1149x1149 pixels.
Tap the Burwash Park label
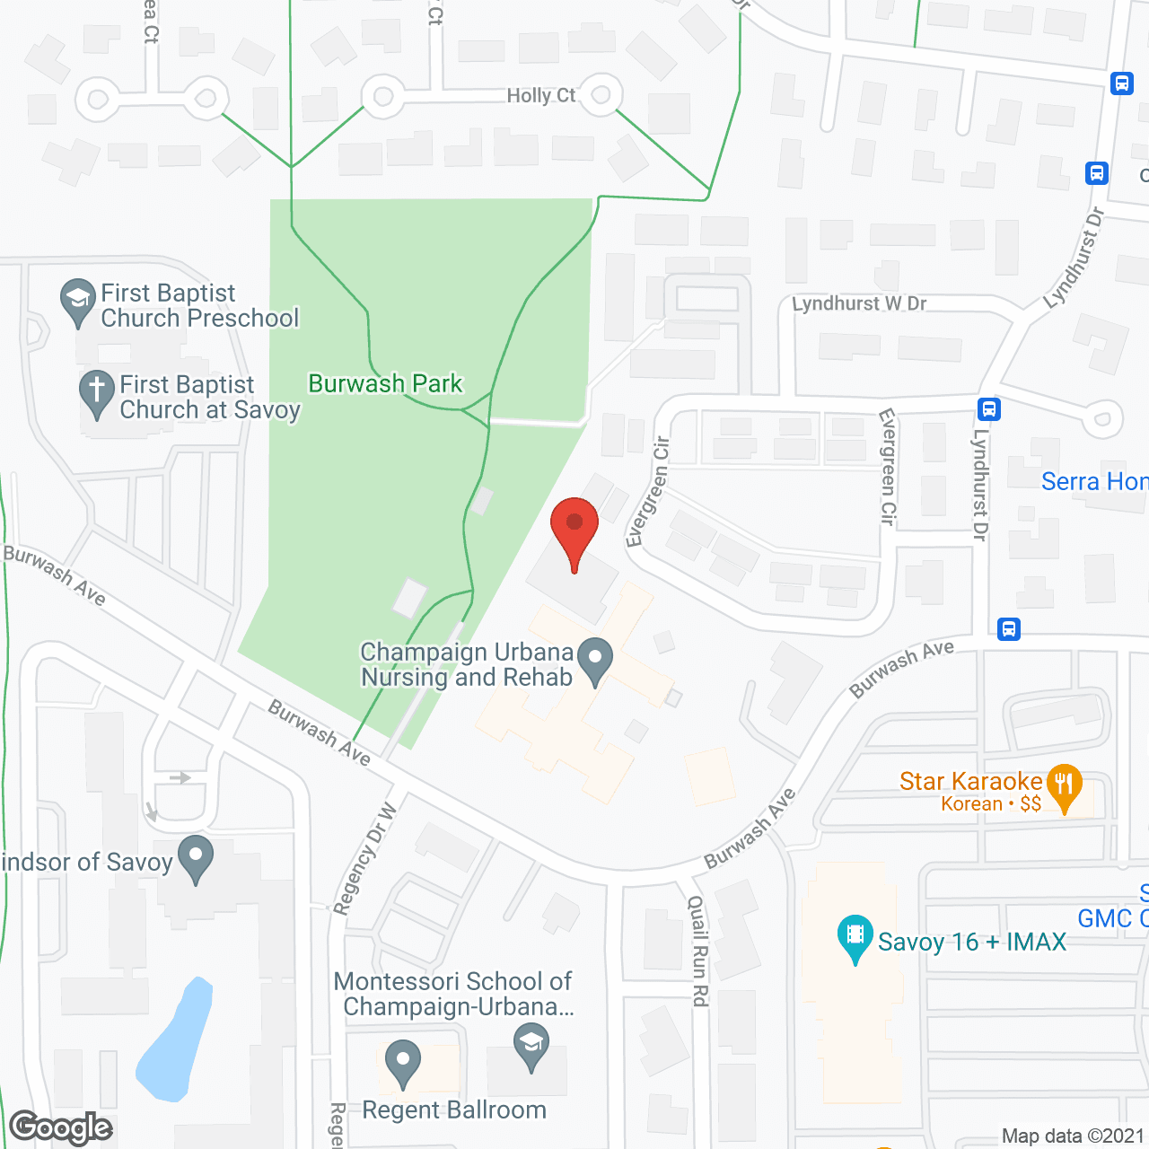point(385,384)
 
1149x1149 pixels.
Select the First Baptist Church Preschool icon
point(77,300)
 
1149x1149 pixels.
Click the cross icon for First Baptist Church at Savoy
point(96,391)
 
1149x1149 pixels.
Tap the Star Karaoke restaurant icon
point(1064,785)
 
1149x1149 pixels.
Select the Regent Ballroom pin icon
point(403,1062)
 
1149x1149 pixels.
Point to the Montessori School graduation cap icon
point(531,1046)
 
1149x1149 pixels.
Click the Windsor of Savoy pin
point(196,856)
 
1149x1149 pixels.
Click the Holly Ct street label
point(540,95)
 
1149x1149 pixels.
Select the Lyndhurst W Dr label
point(858,303)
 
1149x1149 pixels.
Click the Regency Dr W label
point(364,859)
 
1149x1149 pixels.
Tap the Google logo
point(61,1127)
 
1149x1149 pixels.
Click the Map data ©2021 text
point(1073,1136)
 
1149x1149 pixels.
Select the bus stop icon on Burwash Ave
point(1008,628)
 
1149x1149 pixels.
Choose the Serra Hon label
point(1093,482)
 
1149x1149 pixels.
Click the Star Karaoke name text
point(970,781)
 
